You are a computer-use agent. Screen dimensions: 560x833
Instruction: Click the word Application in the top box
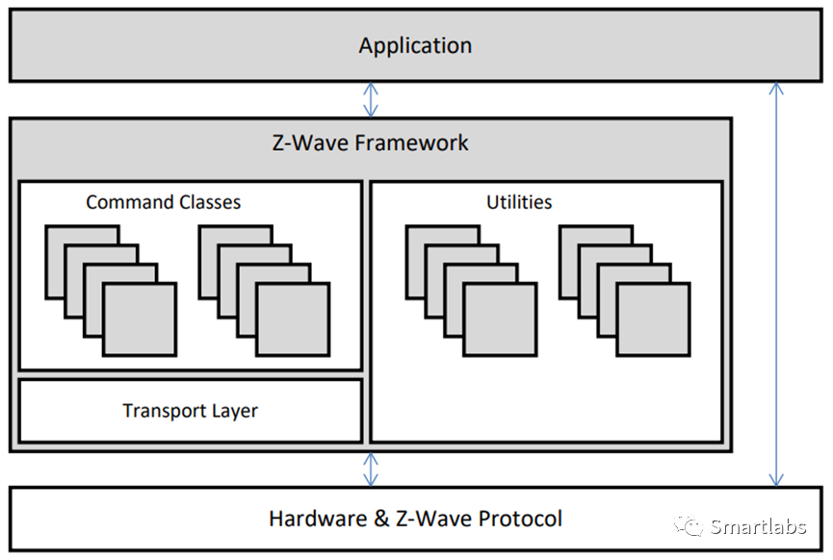click(x=415, y=45)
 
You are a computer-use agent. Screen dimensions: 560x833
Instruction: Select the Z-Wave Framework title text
click(x=370, y=143)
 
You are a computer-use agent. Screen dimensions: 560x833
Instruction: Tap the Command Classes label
click(x=163, y=202)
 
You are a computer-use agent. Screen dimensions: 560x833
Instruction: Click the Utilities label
click(x=519, y=202)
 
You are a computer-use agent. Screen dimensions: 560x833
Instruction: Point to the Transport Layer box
click(x=190, y=411)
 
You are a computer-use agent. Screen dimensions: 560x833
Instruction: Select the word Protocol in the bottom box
click(x=520, y=520)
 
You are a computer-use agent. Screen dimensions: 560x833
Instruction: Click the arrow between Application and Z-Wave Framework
click(x=371, y=100)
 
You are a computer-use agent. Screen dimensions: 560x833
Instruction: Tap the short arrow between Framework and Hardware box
click(x=371, y=470)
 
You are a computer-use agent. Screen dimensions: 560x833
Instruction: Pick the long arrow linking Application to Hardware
click(x=776, y=285)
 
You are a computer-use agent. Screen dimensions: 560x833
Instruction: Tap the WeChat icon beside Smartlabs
click(x=689, y=525)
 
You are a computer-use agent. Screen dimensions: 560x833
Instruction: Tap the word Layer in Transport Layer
click(x=236, y=411)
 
